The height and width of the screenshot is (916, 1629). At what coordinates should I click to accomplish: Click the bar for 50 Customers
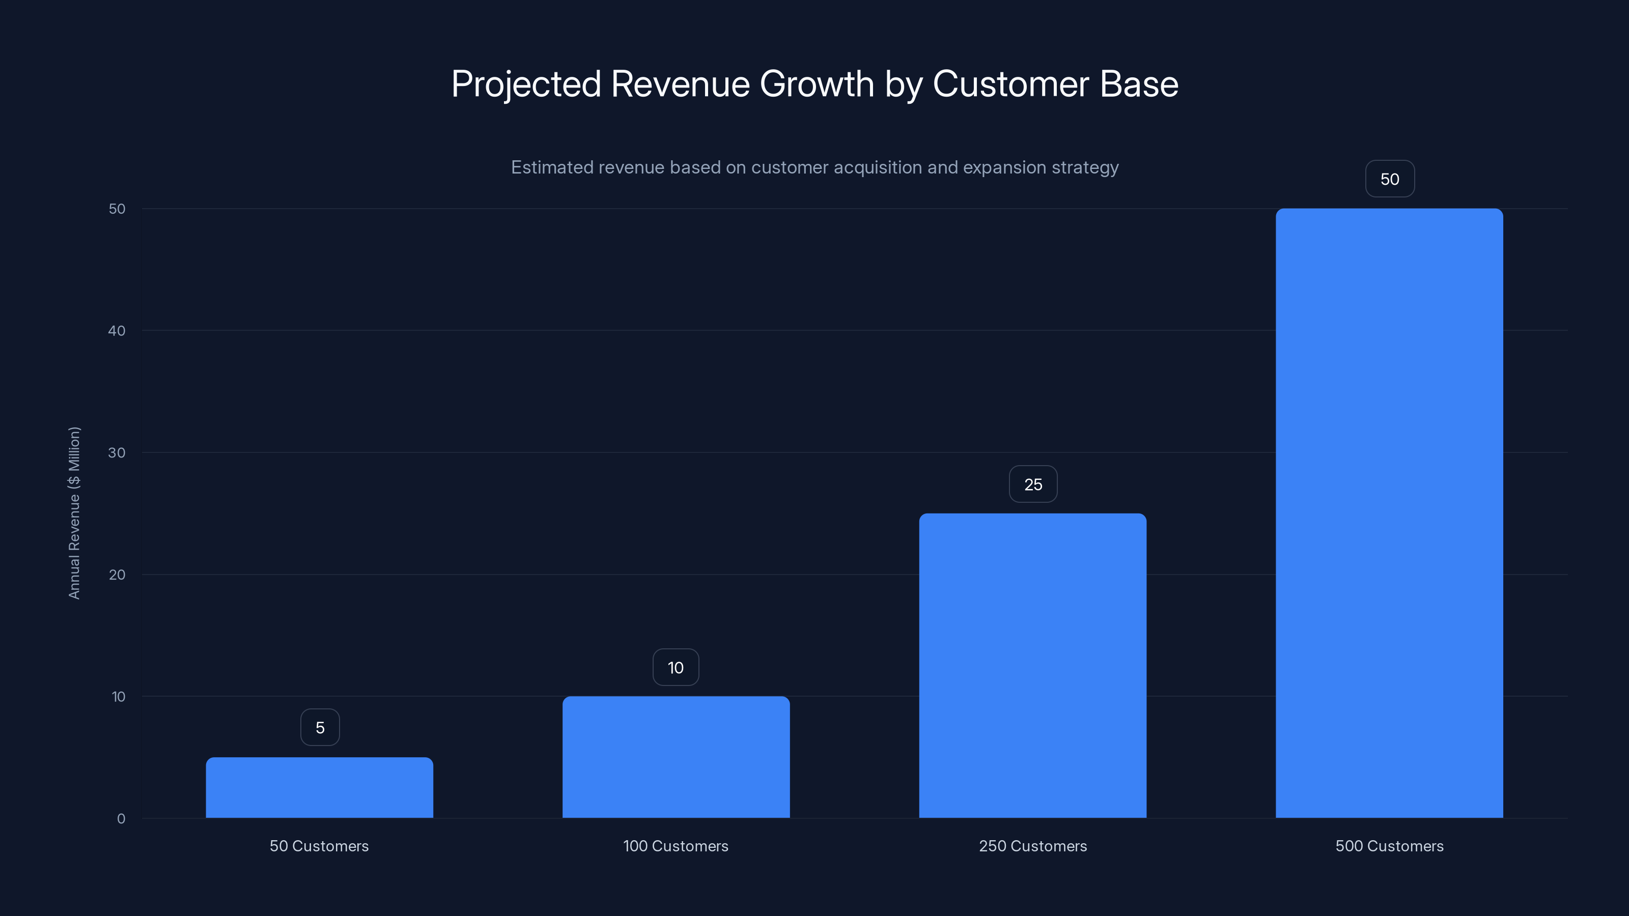pos(319,787)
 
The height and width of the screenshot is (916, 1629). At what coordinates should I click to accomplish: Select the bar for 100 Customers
pos(676,757)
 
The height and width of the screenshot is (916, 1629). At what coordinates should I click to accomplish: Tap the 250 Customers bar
pos(1033,665)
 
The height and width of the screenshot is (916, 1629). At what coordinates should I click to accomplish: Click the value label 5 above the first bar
pos(320,728)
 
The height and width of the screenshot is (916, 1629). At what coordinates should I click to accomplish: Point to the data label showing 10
pos(676,668)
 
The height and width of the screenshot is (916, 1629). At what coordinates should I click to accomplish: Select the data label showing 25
pos(1033,484)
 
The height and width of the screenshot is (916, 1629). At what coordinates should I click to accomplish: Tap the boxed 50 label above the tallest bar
pos(1390,179)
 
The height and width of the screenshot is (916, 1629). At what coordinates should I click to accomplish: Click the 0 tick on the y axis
pos(121,819)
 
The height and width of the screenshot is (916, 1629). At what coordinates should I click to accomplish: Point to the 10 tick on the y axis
pos(118,697)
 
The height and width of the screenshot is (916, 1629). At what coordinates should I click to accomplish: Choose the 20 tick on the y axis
pos(117,575)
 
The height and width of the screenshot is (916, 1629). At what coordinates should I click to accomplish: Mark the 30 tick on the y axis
pos(117,452)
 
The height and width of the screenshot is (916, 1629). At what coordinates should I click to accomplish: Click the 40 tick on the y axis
pos(117,331)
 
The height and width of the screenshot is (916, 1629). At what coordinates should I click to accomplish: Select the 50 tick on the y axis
pos(117,209)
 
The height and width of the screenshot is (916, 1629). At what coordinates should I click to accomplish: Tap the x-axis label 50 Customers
pos(319,846)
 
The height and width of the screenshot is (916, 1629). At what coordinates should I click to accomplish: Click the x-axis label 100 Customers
pos(676,846)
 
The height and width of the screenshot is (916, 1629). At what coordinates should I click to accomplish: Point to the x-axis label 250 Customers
pos(1033,846)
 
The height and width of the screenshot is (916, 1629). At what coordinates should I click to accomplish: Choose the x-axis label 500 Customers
pos(1389,846)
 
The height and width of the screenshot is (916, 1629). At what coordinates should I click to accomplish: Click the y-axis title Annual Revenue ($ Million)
pos(74,512)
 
